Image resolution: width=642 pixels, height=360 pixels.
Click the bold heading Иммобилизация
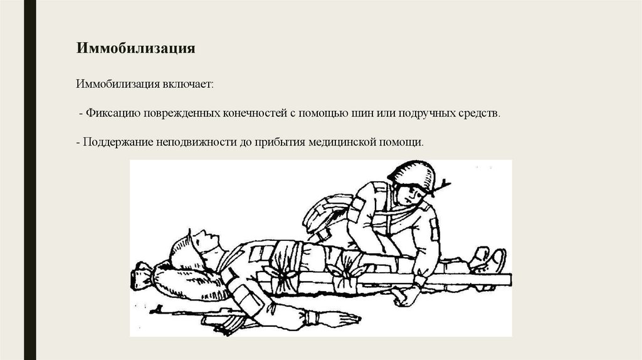[x=135, y=48]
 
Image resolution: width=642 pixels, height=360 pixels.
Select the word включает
[x=188, y=85]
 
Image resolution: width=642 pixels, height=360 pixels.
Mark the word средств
[x=480, y=113]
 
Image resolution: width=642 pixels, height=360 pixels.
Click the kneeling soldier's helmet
[x=411, y=174]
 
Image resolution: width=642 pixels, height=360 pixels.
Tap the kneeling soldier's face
[x=409, y=194]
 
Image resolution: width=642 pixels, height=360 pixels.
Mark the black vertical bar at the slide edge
[x=30, y=180]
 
